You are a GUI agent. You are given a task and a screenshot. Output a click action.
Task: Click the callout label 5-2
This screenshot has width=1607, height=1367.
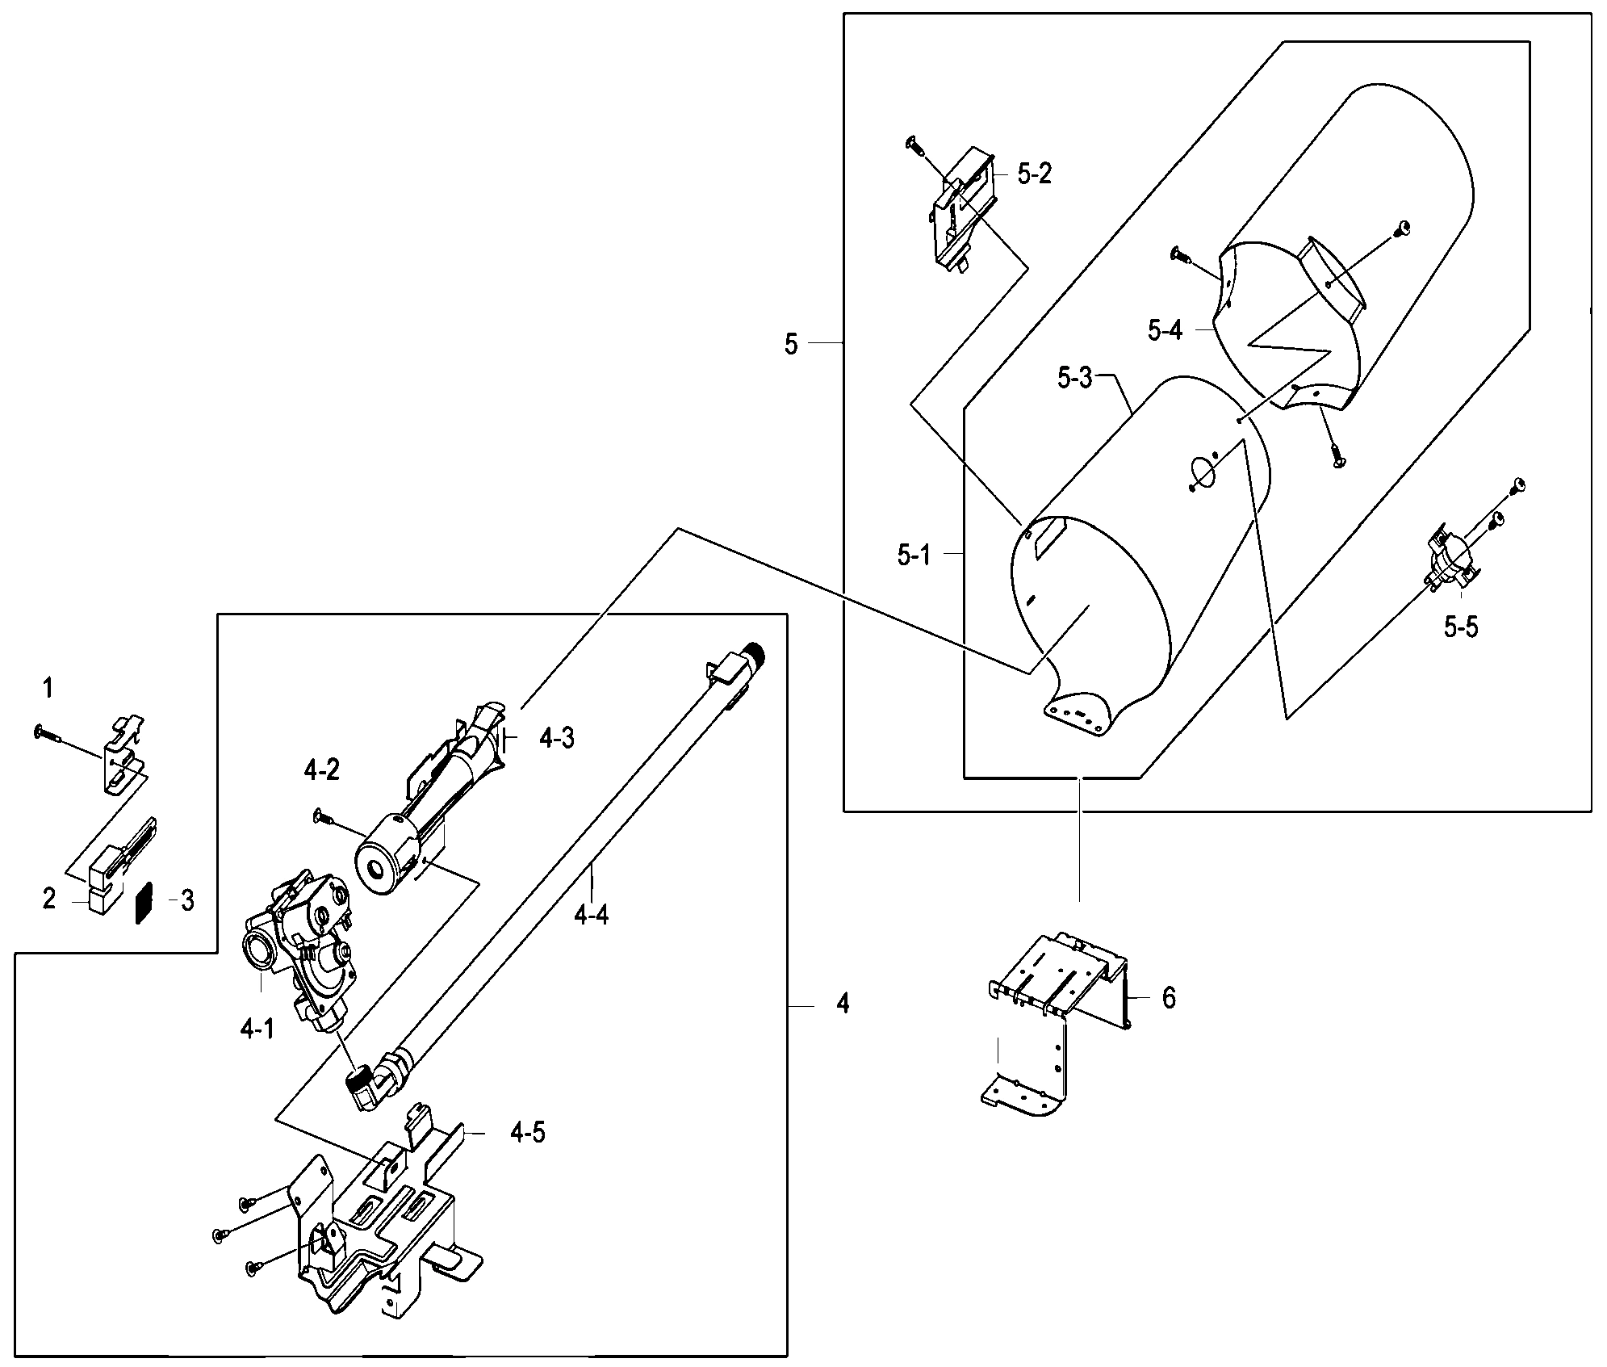coord(1034,174)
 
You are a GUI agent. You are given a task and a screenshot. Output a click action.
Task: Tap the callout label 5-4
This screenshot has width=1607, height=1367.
coord(1165,329)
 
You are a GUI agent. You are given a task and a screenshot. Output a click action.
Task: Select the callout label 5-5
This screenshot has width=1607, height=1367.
coord(1461,626)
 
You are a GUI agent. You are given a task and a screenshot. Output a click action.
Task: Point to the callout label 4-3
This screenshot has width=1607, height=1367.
coord(556,738)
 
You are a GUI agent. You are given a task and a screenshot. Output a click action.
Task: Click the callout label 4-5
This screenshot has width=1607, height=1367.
coord(527,1133)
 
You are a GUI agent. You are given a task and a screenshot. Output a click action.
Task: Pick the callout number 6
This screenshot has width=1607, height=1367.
coord(1169,999)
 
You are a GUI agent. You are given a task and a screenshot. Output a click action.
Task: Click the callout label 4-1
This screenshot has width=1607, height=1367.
coord(257,1029)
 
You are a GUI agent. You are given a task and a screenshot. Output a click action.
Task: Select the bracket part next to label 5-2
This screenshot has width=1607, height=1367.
coord(963,213)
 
